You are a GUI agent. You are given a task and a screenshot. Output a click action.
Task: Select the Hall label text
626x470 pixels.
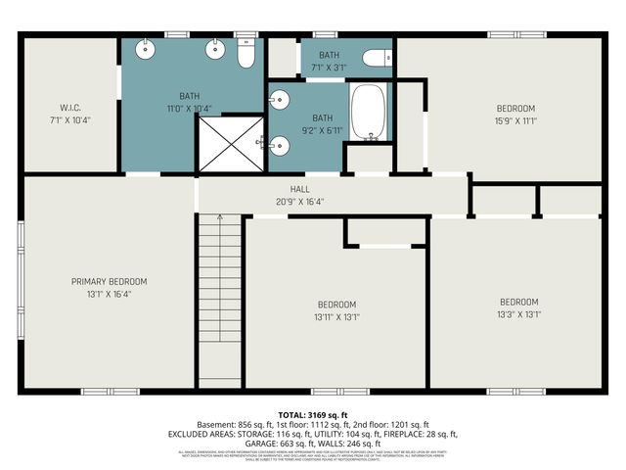[299, 190]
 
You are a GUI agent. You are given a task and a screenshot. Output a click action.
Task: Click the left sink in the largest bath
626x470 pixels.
[147, 48]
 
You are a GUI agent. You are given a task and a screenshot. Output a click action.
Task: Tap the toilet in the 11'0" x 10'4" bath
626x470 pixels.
[246, 55]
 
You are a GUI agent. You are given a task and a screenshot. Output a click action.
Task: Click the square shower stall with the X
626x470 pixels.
[231, 145]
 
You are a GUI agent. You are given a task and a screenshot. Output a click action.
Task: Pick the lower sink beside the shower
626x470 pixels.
[281, 145]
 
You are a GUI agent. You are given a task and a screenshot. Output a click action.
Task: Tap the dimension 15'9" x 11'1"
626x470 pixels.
[514, 120]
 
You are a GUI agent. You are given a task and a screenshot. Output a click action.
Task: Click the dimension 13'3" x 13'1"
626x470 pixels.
[519, 314]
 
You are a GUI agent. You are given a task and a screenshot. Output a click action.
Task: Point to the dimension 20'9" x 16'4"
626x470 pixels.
[299, 203]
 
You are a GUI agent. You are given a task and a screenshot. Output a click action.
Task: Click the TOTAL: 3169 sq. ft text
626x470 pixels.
[313, 415]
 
